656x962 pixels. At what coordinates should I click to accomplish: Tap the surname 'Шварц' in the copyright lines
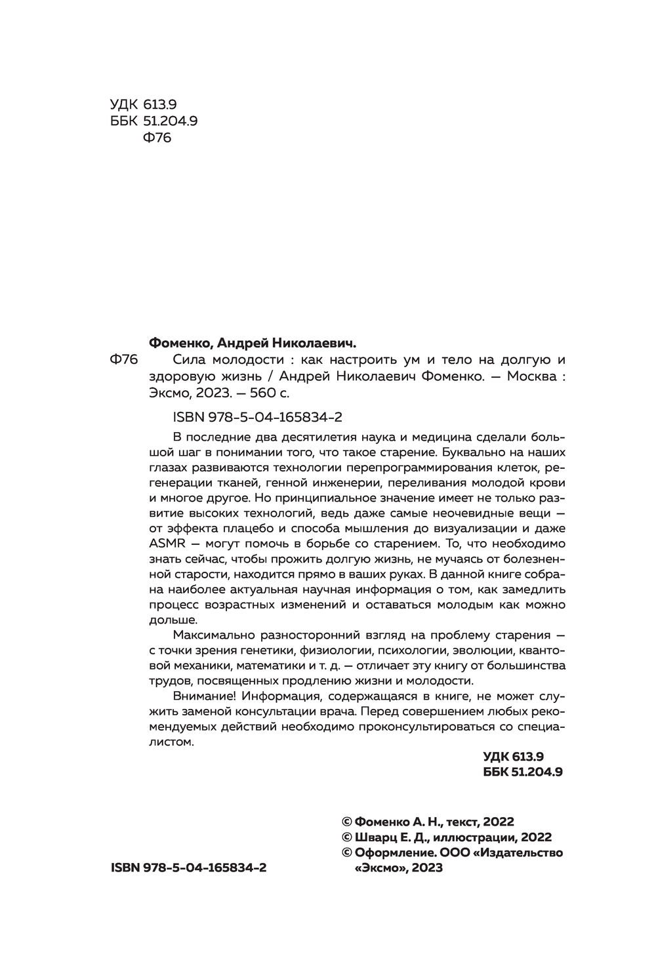[x=376, y=837]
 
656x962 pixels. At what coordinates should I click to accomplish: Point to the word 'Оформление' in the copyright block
[x=392, y=852]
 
